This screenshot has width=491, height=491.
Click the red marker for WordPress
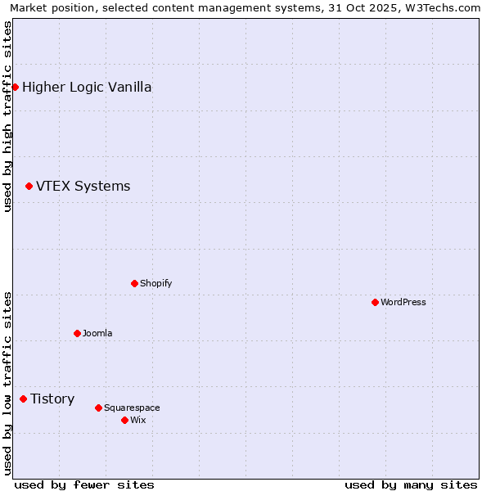point(375,302)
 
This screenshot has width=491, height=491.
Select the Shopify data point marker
point(134,283)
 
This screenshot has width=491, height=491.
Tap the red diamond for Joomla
point(77,333)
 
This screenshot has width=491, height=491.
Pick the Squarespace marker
point(98,408)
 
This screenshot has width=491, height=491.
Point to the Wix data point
point(124,420)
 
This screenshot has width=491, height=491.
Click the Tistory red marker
point(23,399)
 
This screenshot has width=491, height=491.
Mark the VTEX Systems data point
point(29,186)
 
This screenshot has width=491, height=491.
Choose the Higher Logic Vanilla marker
point(15,87)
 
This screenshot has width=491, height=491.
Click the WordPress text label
point(403,302)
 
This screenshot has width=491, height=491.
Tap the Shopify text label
point(155,283)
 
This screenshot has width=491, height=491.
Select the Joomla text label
point(97,333)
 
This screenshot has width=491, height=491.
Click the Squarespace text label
point(132,408)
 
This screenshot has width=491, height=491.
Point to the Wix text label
point(137,420)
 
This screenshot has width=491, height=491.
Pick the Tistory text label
point(52,399)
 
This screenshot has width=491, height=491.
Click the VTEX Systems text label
point(83,186)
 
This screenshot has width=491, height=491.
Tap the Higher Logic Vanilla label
point(87,87)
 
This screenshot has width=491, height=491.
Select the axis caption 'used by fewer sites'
point(84,484)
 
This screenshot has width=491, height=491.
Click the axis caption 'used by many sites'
point(411,484)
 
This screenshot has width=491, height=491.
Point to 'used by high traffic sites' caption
point(7,116)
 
